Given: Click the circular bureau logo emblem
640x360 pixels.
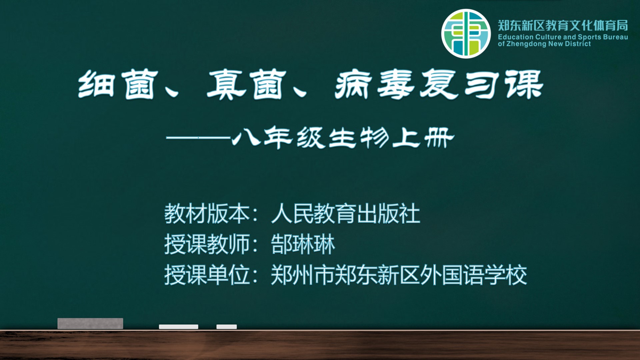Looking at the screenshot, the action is [466, 34].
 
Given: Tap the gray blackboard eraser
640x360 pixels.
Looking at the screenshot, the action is [90, 323].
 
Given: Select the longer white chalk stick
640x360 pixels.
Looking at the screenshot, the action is [179, 327].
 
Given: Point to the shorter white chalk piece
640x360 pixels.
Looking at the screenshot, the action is [227, 327].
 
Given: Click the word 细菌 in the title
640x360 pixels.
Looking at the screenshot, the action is [117, 84].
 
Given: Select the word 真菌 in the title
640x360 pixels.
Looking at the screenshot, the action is [247, 84].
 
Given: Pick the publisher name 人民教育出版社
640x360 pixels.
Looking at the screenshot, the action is [345, 214].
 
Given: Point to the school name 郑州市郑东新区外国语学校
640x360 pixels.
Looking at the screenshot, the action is [399, 275].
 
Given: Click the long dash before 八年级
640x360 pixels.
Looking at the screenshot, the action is [199, 137].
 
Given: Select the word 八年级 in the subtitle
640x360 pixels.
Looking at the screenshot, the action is [278, 137].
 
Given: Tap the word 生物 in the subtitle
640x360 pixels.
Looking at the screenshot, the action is [358, 137].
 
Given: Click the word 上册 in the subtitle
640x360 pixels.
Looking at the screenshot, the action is [423, 137].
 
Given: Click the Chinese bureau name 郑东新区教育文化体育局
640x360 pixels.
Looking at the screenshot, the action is [563, 25].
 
